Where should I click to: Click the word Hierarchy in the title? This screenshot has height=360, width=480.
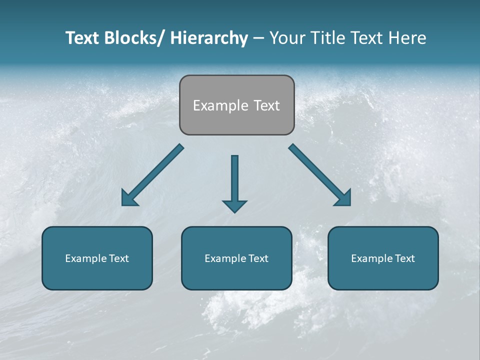[x=209, y=38]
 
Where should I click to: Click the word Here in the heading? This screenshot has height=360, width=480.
[x=407, y=38]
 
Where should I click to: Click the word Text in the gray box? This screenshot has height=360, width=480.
[x=266, y=105]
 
